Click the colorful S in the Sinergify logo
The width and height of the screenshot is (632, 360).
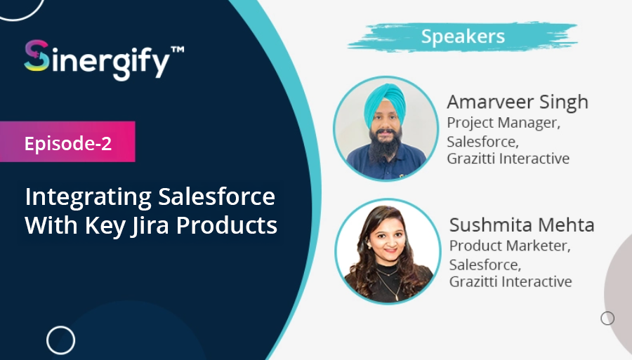point(37,55)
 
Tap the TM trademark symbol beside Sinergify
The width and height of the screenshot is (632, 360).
point(178,50)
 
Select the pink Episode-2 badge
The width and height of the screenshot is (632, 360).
point(67,142)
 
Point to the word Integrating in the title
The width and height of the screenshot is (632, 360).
point(88,197)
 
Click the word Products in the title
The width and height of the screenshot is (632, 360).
point(227,225)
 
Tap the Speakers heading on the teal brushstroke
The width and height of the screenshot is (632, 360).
point(463,36)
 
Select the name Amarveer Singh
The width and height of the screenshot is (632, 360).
point(518,102)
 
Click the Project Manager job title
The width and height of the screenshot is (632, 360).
point(503,122)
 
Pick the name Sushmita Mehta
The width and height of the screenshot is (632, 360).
point(522,225)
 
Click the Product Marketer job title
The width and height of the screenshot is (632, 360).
point(510,245)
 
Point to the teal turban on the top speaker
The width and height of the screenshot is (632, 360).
point(385,104)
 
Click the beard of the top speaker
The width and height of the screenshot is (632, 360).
point(386,147)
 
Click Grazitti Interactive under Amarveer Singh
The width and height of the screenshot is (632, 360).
point(508,159)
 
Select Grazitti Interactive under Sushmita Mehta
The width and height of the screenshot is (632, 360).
point(511,281)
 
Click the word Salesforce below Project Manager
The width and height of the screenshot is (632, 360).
point(482,142)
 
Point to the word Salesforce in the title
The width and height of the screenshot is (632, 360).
point(216,196)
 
